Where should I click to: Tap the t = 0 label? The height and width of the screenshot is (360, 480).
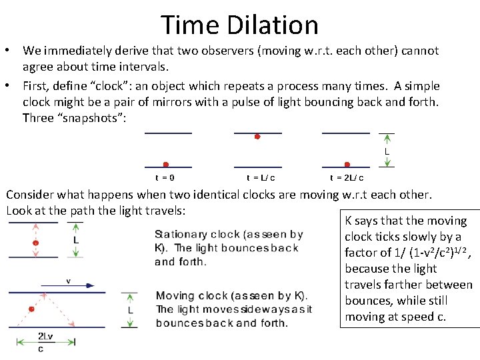click(165, 178)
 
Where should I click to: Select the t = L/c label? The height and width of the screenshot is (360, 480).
click(261, 178)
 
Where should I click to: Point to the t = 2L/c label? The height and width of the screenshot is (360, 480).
click(347, 178)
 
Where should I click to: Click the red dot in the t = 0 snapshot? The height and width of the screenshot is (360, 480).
click(166, 164)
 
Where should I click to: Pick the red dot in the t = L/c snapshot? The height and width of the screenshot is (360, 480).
click(257, 137)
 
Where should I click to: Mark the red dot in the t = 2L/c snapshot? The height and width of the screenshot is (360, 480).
click(347, 164)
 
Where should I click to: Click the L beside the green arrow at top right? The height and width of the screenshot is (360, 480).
click(387, 152)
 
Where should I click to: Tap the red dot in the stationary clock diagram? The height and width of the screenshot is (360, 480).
click(36, 243)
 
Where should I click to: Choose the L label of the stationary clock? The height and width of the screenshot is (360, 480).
click(76, 240)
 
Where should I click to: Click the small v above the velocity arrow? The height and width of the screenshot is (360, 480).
click(68, 281)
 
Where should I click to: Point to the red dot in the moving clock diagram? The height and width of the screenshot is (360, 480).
click(31, 309)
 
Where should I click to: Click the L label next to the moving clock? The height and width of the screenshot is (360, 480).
click(130, 310)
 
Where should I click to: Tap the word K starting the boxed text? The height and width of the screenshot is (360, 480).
click(349, 221)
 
